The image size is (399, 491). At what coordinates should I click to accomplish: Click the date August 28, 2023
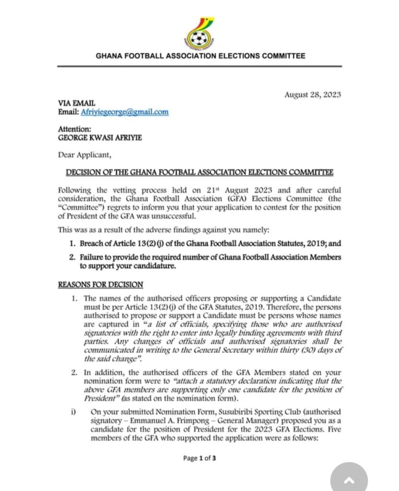coord(313,94)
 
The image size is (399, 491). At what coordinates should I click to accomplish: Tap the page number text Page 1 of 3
coord(199,458)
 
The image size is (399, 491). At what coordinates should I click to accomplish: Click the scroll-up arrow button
coord(349,479)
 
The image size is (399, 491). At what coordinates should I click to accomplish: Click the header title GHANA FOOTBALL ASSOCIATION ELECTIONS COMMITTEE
coord(200,56)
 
